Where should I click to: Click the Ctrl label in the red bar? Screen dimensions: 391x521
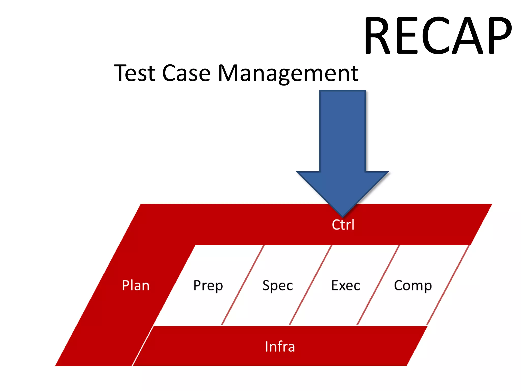tap(343, 225)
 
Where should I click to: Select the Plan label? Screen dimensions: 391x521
tap(136, 285)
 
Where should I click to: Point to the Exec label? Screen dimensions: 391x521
tap(345, 285)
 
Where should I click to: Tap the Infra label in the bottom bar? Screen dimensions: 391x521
tap(280, 346)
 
